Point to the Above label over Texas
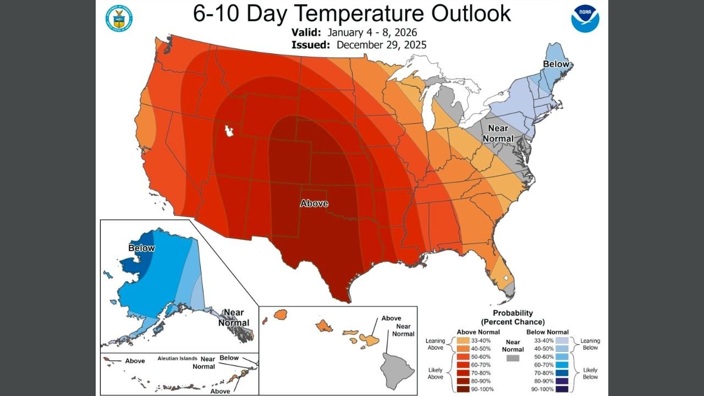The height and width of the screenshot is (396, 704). [x=314, y=204]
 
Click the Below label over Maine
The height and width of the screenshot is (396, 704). [x=556, y=64]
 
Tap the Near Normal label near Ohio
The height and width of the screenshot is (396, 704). [x=498, y=134]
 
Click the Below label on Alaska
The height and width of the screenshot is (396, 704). [x=142, y=248]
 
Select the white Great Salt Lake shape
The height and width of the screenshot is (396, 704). [x=228, y=131]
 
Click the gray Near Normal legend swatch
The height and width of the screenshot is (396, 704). [x=513, y=358]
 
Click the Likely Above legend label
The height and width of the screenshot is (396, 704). [x=435, y=373]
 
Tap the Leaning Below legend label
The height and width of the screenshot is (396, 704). [x=590, y=344]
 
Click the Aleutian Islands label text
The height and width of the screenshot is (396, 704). [x=177, y=358]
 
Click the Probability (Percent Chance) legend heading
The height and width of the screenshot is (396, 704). [x=513, y=317]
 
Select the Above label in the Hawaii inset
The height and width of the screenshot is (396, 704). [x=391, y=318]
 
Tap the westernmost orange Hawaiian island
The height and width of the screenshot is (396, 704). [x=281, y=315]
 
